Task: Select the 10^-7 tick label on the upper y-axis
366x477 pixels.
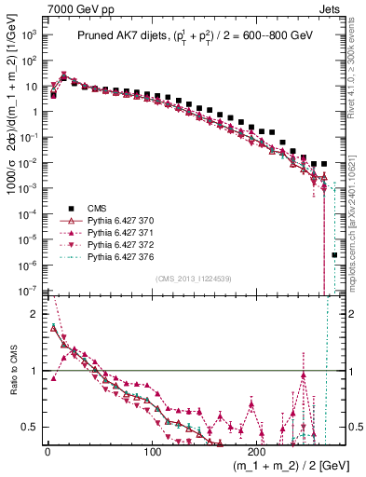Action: [x=28, y=291]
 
